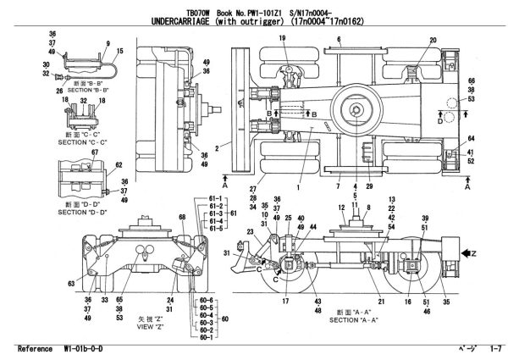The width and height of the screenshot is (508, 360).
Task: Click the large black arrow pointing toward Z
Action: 470,252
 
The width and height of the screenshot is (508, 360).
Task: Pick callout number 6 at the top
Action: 339,39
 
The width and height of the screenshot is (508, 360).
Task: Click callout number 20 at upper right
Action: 433,40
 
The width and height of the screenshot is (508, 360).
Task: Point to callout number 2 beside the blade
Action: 218,147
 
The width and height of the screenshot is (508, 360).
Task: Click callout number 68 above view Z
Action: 181,219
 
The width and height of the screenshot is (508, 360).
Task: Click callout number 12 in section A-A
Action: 341,208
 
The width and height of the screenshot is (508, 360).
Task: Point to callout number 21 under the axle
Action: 381,300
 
